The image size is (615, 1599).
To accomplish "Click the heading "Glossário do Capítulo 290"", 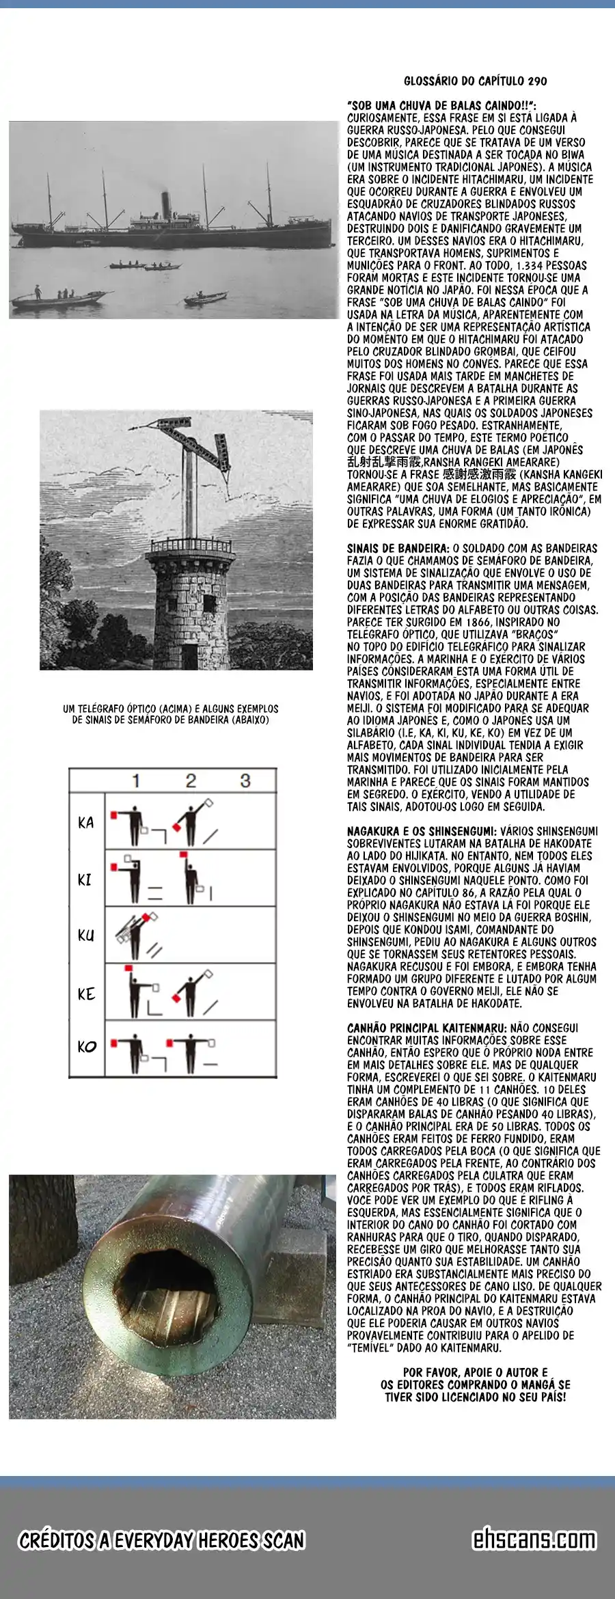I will [x=475, y=81].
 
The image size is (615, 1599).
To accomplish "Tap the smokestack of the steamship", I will [x=165, y=204].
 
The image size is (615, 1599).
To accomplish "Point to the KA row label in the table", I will [x=86, y=823].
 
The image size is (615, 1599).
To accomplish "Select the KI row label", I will [x=85, y=879].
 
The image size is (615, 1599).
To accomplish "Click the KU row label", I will [x=86, y=935].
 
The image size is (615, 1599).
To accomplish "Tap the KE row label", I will [x=86, y=994].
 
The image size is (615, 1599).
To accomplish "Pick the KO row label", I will [x=86, y=1047].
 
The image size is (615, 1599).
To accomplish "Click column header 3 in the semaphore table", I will [x=245, y=780].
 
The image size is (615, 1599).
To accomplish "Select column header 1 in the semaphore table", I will [x=136, y=780].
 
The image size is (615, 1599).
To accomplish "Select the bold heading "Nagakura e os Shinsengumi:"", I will [x=422, y=832].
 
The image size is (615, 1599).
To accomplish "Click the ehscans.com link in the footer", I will [x=534, y=1540].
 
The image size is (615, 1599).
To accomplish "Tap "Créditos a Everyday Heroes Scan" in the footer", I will [x=161, y=1540].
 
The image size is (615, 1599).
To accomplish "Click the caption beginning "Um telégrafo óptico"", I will [x=170, y=714].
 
